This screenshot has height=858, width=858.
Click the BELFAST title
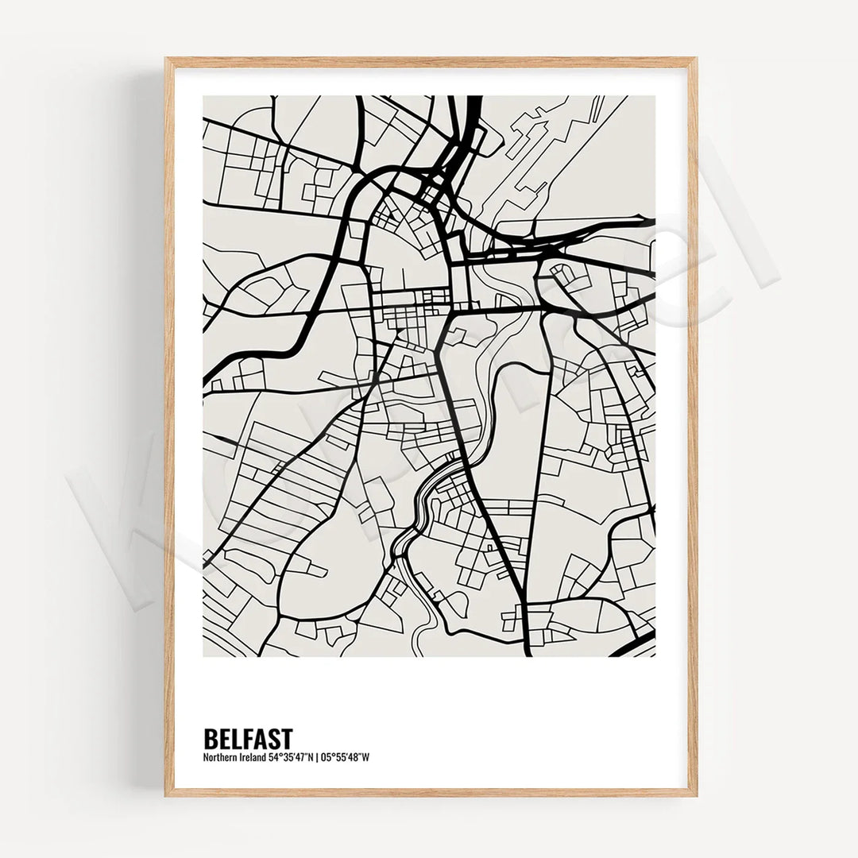coord(248,738)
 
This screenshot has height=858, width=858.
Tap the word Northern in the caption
coord(222,757)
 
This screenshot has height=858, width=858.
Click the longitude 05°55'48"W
coord(345,757)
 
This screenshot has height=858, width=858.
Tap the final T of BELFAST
coord(287,738)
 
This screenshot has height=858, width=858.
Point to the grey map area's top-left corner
coord(204,97)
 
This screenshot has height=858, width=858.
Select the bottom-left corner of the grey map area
coord(204,655)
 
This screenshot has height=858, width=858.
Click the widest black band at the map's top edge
coord(474,107)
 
